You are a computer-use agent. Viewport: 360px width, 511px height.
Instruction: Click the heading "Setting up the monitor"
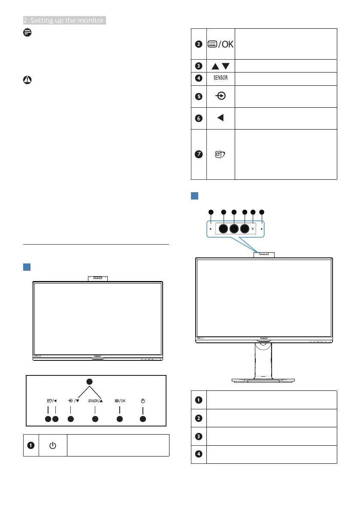coord(64,20)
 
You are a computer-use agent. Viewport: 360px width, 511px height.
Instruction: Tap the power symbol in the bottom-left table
coord(52,445)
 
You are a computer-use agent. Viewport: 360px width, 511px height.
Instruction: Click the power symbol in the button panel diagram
coord(143,401)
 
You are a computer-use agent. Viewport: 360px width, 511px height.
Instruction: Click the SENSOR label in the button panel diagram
coord(95,401)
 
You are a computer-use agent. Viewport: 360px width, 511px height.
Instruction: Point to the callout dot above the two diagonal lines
coord(90,381)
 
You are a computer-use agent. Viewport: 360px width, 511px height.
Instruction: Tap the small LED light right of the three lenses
coord(253,229)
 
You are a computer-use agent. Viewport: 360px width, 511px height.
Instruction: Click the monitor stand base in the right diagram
coord(263,380)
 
